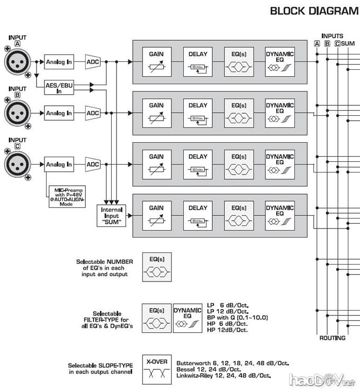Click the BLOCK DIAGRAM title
[314, 10]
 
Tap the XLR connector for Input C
[17, 163]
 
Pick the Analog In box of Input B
[59, 113]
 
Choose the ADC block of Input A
[93, 62]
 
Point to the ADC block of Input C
[93, 165]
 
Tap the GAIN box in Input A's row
[156, 62]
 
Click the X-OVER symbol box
[156, 368]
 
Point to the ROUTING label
[332, 338]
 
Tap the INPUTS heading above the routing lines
[332, 36]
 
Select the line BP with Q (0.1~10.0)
[238, 317]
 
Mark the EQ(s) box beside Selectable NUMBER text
[156, 266]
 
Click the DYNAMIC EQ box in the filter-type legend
[187, 317]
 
